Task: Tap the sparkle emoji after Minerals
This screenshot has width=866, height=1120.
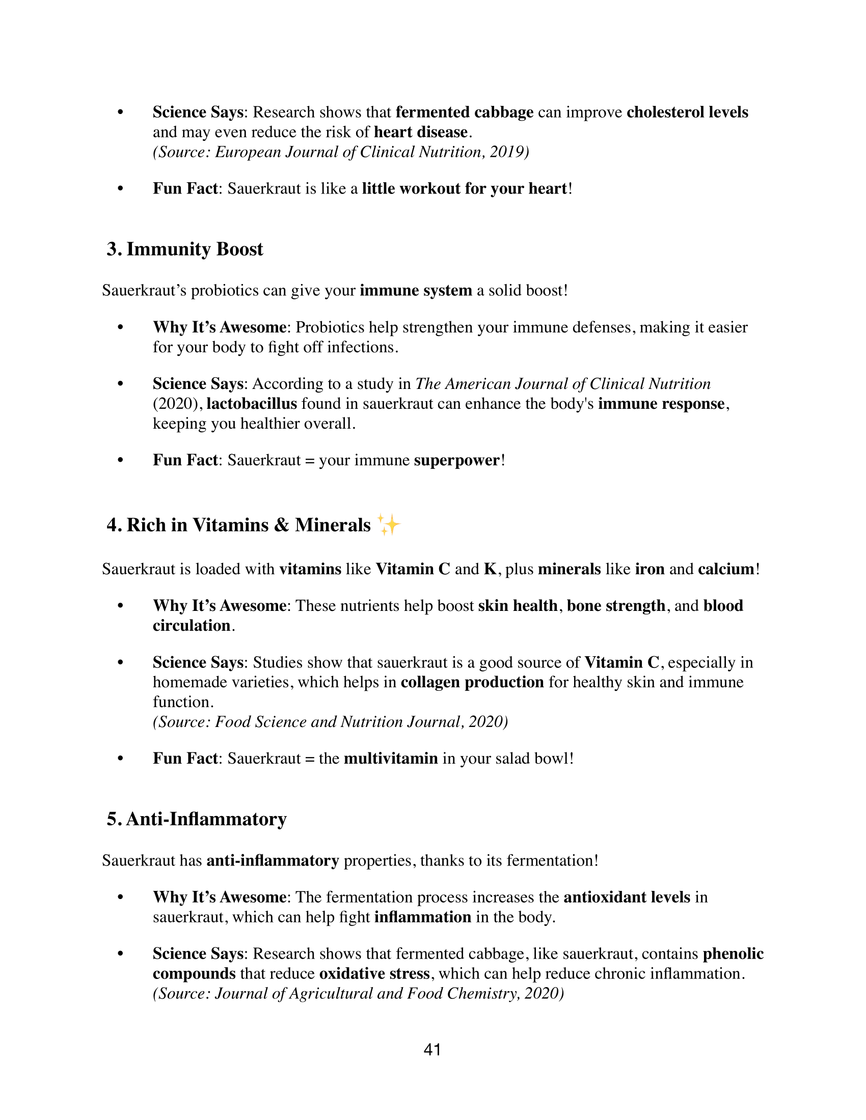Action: [388, 524]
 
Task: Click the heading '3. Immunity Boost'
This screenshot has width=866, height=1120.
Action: [185, 249]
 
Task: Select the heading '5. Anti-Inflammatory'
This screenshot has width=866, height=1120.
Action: [197, 819]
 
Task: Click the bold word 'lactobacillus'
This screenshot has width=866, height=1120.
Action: [251, 404]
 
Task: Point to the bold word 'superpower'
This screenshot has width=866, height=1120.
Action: [456, 460]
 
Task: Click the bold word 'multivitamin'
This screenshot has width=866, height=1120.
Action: [390, 758]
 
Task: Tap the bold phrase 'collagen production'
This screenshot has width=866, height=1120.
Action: [472, 682]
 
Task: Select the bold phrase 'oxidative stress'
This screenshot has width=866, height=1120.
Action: [374, 973]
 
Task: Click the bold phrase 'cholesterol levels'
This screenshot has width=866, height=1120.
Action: [687, 113]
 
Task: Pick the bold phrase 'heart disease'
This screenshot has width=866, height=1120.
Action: [421, 132]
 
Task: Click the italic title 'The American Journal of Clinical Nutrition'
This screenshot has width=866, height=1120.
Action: [563, 383]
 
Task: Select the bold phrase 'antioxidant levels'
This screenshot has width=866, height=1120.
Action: [627, 897]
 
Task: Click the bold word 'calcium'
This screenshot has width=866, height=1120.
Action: [726, 569]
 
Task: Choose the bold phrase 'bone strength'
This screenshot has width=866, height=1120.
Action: [616, 606]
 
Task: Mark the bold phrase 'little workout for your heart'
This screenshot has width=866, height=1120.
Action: [465, 189]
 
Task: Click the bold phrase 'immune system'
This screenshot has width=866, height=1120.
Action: [416, 291]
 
